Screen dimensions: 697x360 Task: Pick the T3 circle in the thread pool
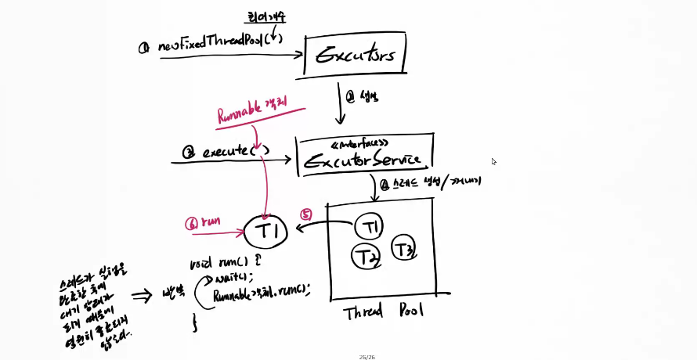(403, 250)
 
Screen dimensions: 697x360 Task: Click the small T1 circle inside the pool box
(369, 227)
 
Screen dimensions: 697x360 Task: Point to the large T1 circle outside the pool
(265, 231)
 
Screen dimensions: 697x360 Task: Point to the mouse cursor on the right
(493, 162)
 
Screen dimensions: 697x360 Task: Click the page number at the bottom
(367, 356)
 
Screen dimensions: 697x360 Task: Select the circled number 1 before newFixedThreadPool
(144, 48)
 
